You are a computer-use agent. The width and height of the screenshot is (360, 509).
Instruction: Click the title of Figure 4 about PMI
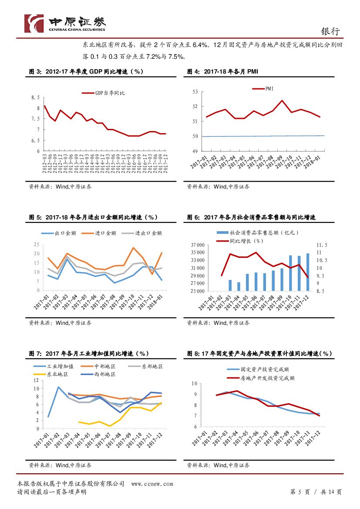(x=222, y=71)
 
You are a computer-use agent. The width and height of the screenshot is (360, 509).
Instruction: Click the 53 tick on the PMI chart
(x=195, y=92)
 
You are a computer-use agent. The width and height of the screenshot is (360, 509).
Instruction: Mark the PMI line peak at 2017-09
(x=282, y=101)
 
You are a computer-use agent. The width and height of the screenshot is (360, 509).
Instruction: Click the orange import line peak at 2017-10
(x=133, y=248)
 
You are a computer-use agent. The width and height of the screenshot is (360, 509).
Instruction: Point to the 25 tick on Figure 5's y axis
(x=36, y=245)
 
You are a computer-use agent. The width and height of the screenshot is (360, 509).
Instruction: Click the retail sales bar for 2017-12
(x=308, y=272)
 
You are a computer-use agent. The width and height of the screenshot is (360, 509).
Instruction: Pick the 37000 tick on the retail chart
(x=198, y=246)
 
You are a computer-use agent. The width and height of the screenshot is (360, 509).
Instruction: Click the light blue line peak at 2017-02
(x=58, y=387)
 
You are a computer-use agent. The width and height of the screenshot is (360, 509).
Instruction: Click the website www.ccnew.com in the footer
(x=152, y=484)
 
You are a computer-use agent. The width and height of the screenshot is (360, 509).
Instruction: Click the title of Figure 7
(x=89, y=354)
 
